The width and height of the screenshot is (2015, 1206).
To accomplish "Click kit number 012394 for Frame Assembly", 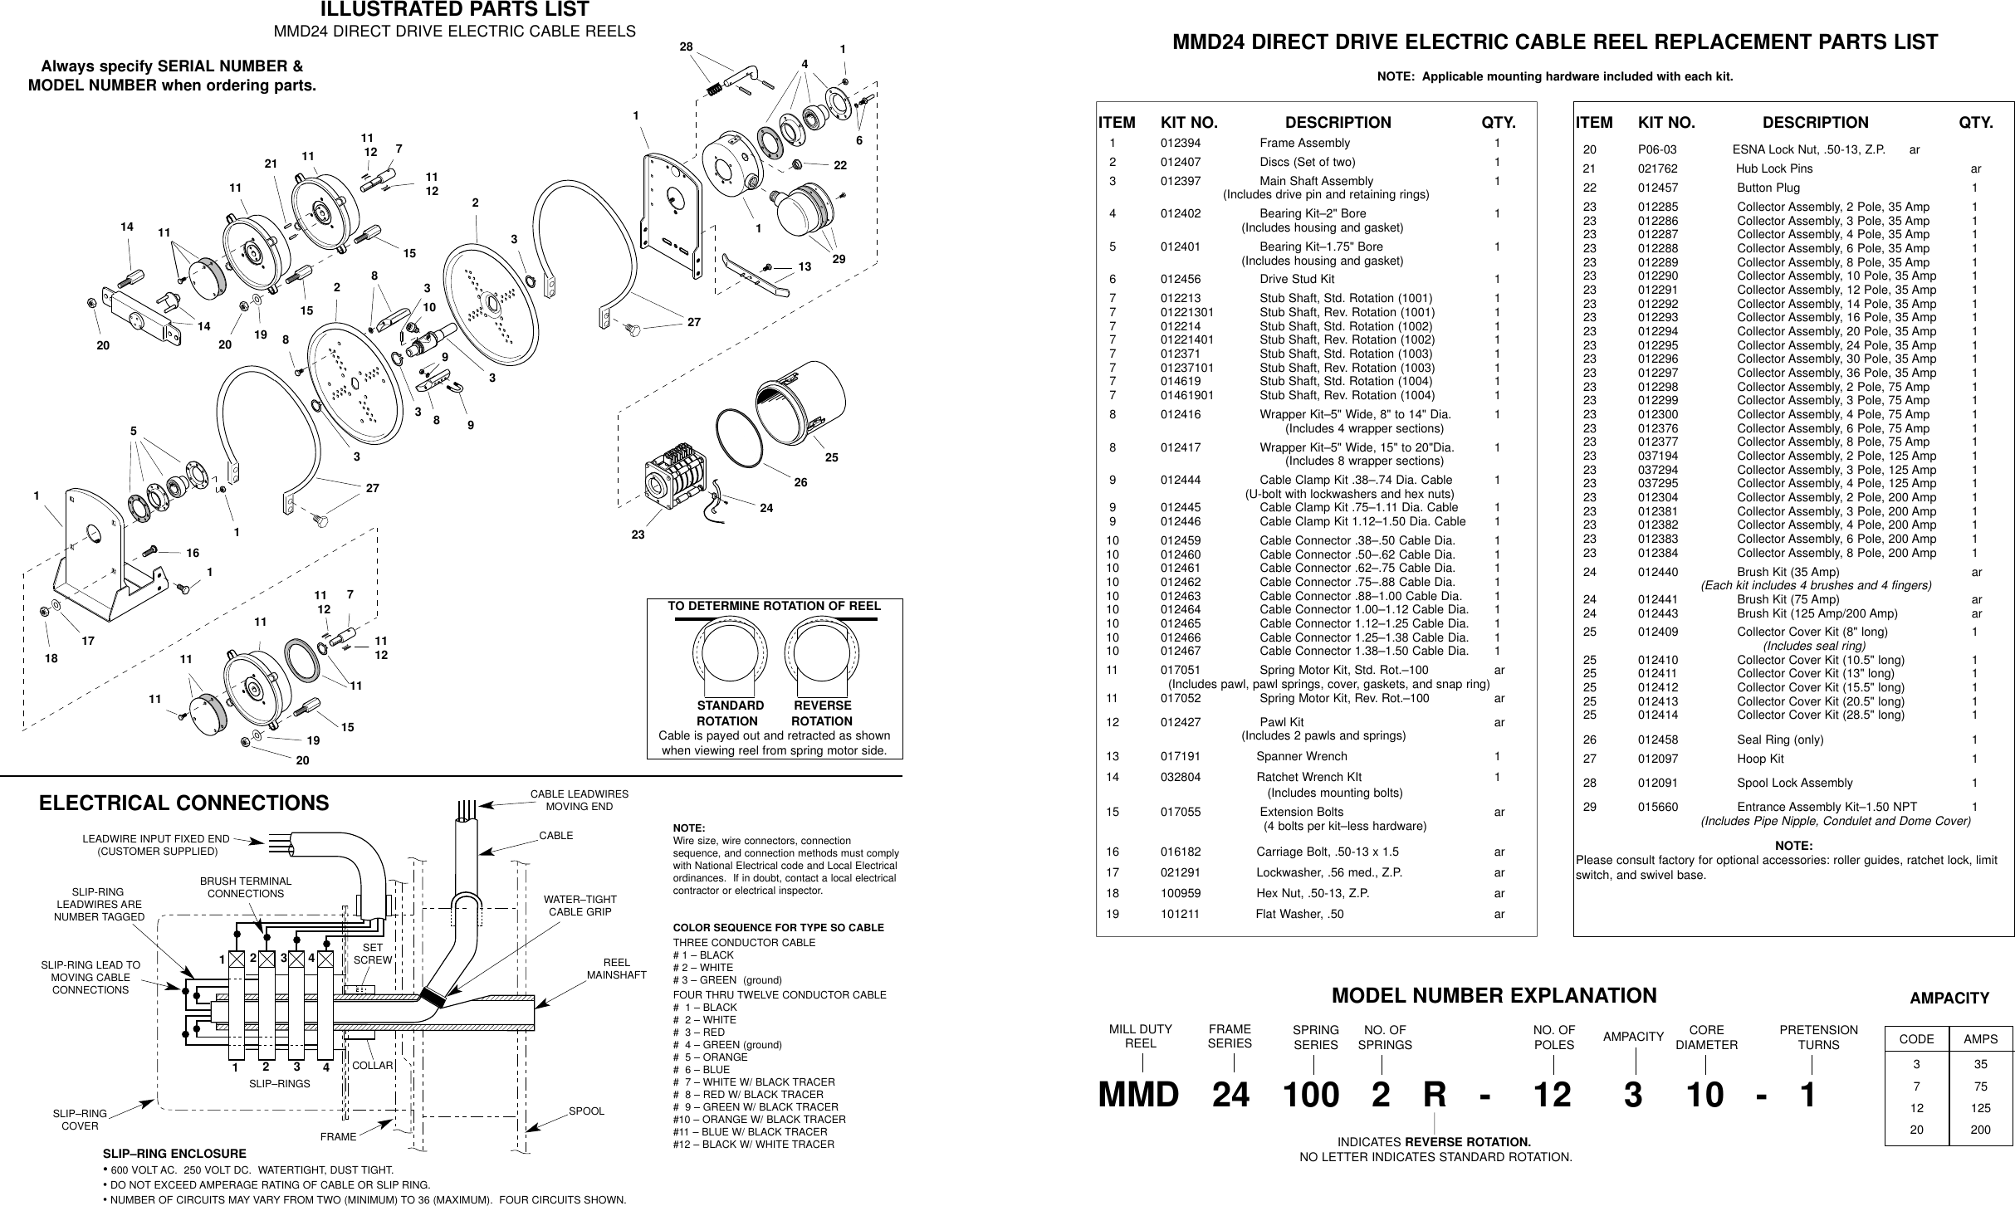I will point(1180,144).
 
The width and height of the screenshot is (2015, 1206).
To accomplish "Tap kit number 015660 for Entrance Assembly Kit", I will point(1657,807).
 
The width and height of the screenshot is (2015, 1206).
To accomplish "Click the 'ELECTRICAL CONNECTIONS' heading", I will point(184,803).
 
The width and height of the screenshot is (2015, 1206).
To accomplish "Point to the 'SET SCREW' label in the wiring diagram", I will point(372,954).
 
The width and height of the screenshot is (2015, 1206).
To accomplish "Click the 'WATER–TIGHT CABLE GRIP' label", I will point(580,906).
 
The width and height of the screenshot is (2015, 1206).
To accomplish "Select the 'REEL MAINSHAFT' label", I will point(616,968).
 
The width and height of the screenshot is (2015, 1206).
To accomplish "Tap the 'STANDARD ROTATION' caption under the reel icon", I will point(729,713).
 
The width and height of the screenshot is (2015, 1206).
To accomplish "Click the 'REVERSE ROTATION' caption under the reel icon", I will point(822,713).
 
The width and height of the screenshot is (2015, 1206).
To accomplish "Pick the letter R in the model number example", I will point(1435,1096).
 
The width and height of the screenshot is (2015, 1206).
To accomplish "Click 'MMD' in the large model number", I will point(1138,1096).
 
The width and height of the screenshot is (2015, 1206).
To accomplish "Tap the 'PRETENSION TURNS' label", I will point(1818,1038).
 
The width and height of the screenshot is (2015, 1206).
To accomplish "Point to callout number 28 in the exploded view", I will point(686,47).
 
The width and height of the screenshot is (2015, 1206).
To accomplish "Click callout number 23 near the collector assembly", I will point(637,535).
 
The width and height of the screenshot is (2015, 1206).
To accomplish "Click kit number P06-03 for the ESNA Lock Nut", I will point(1656,150).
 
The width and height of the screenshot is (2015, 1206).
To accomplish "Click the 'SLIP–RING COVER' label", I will point(80,1120).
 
